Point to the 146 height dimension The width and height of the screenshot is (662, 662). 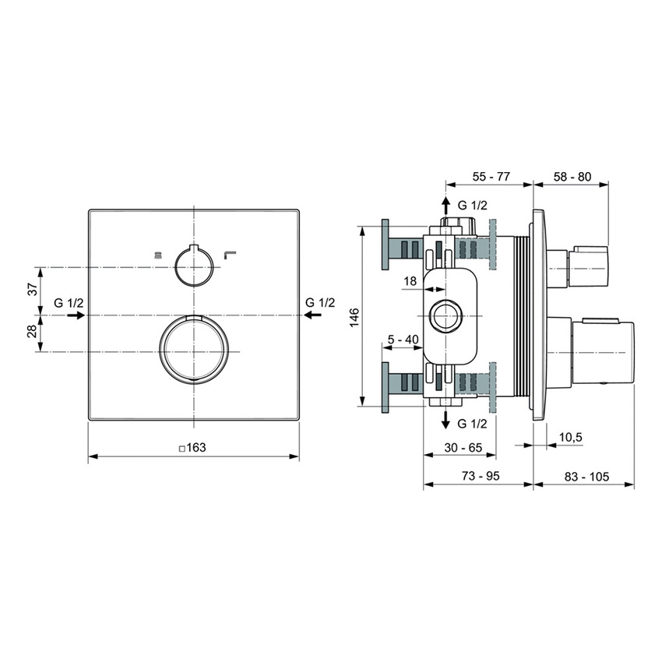[354, 316]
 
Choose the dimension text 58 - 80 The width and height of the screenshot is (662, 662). [572, 177]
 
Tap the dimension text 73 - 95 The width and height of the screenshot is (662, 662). [477, 476]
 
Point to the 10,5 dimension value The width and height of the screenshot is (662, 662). [571, 437]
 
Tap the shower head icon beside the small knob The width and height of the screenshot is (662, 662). [157, 253]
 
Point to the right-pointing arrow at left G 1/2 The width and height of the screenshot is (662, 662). [76, 315]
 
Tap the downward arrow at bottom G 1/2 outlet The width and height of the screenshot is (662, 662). [445, 421]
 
